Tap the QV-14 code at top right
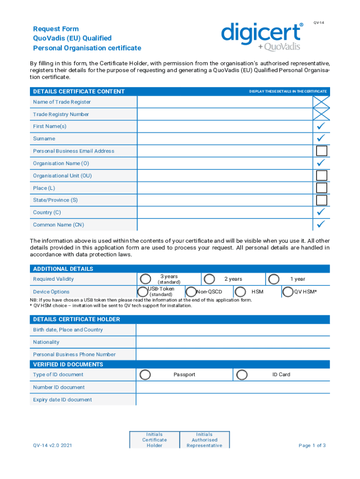tap(319, 22)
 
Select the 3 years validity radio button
tap(146, 279)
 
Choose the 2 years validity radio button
tap(210, 279)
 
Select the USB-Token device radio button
tap(143, 291)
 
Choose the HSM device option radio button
tap(240, 292)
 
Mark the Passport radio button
tap(145, 375)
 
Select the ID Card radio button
tap(242, 375)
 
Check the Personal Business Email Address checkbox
tap(321, 151)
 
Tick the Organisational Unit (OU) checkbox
tap(321, 176)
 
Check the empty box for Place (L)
tap(321, 188)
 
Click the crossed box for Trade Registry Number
tap(321, 114)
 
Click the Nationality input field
tap(232, 342)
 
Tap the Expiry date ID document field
tap(232, 400)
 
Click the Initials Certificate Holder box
tap(154, 440)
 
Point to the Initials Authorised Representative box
tap(204, 440)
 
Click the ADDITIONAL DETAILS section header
tap(180, 269)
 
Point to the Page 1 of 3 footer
tap(312, 445)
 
